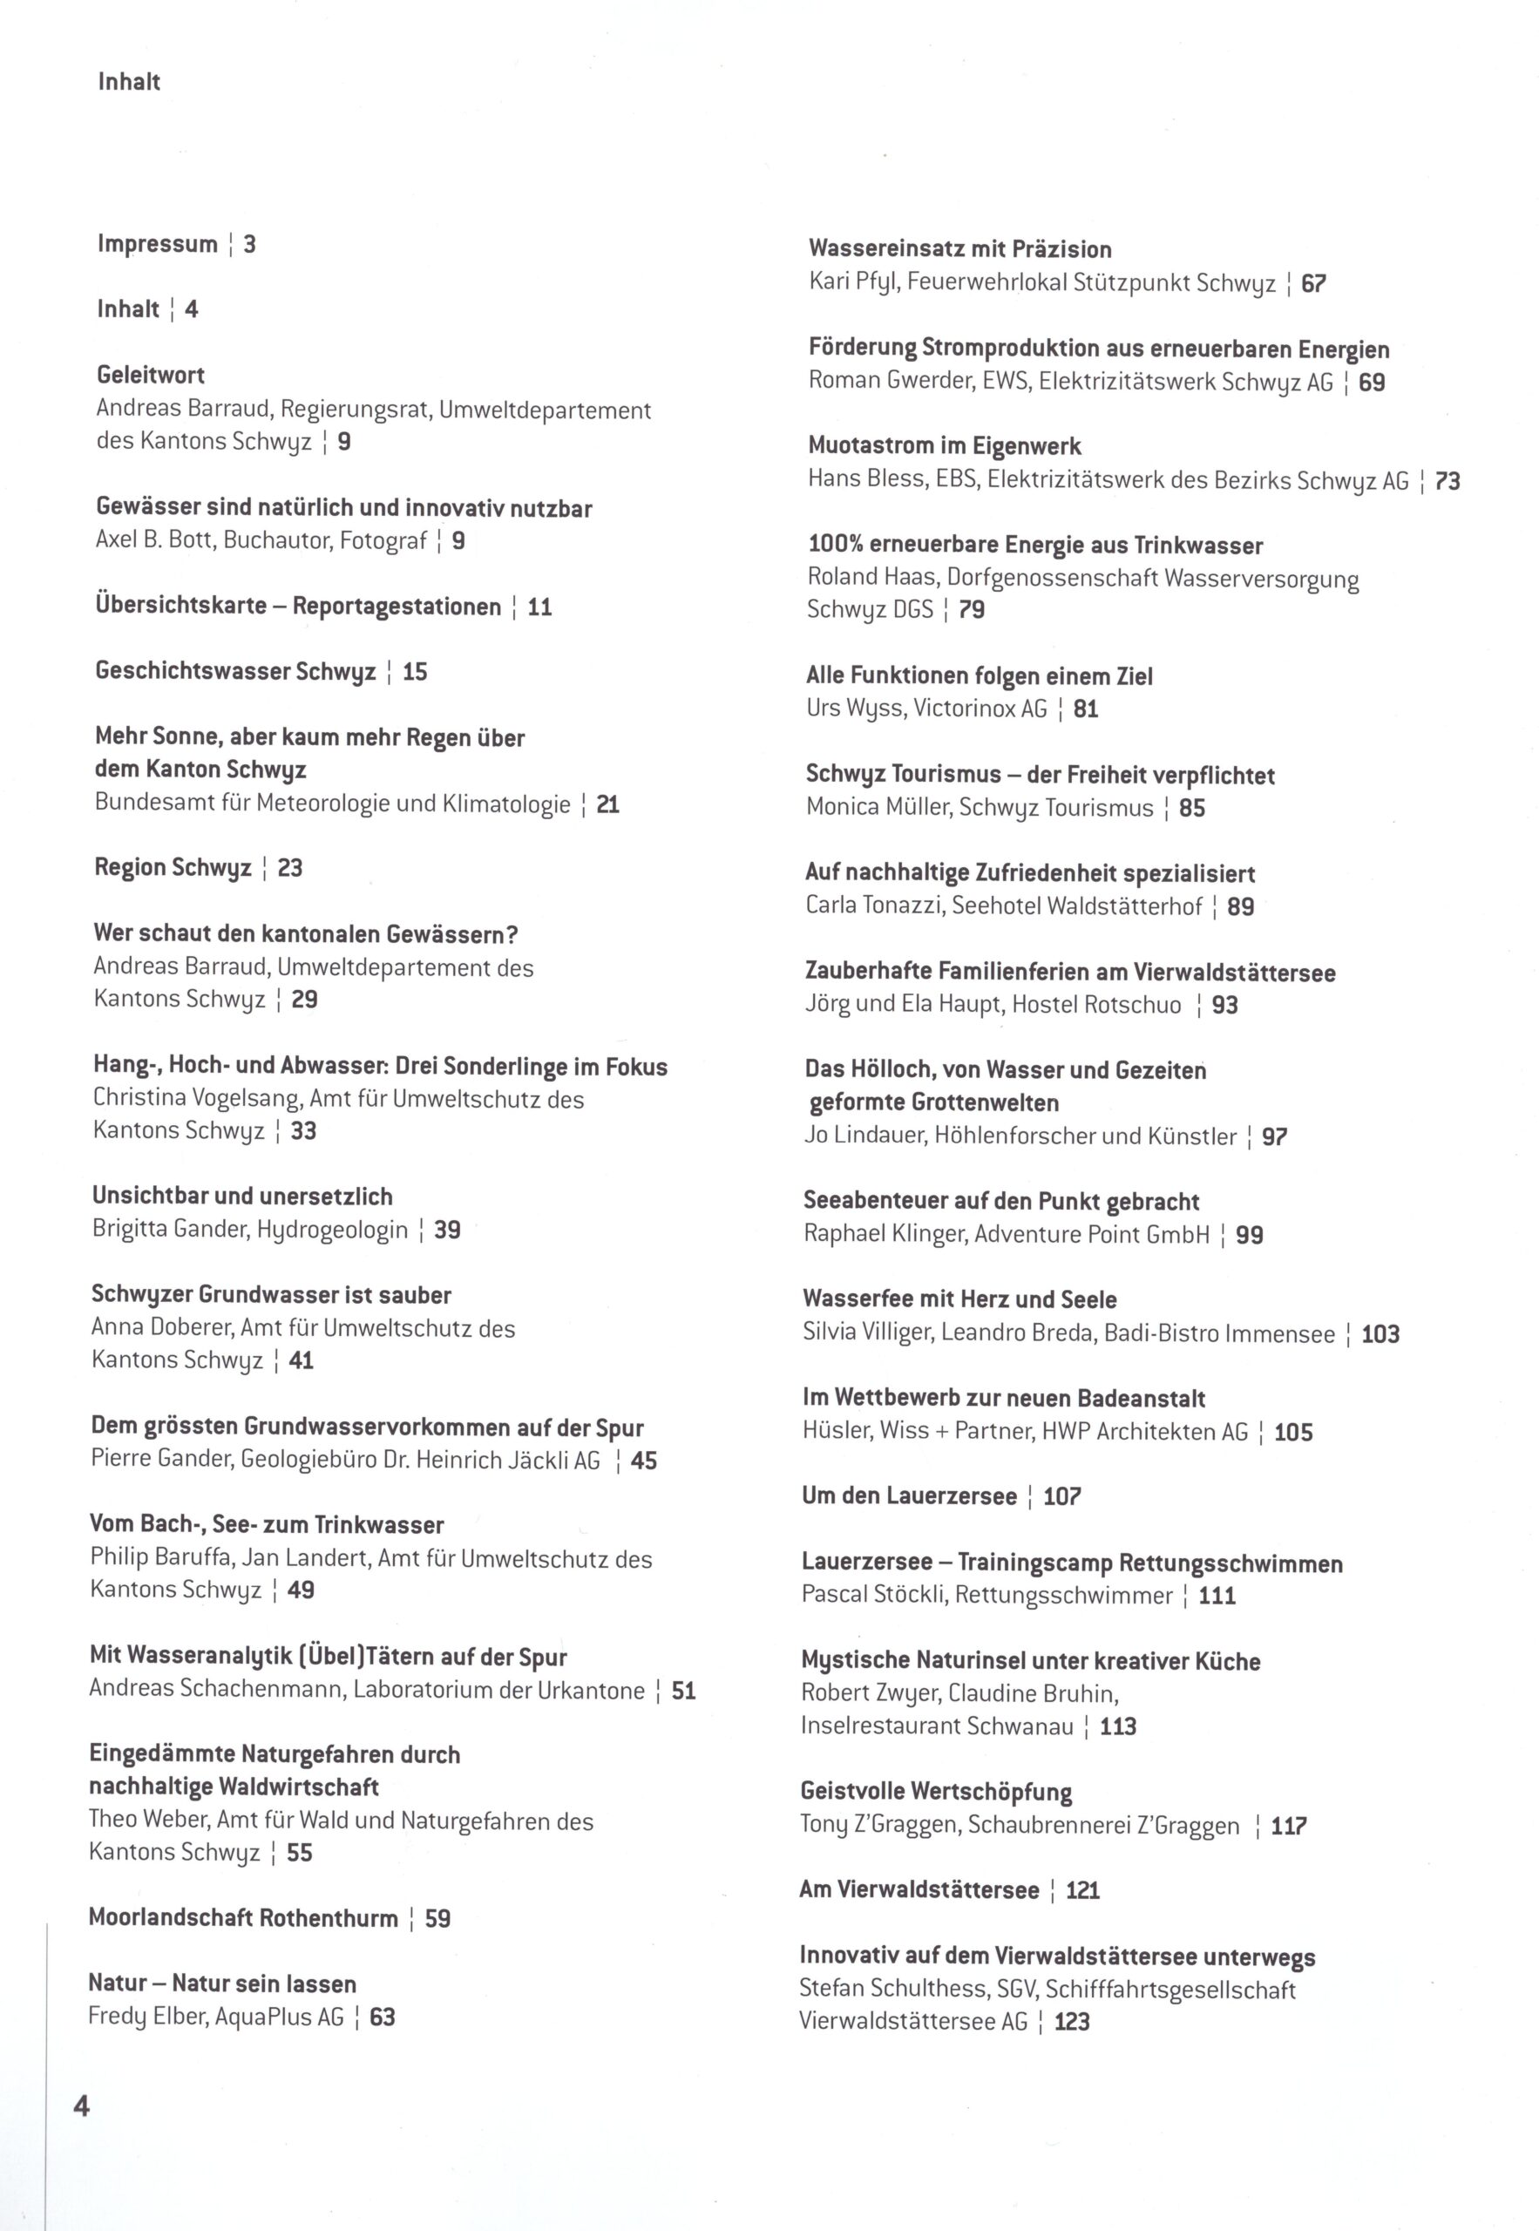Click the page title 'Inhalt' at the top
point(129,82)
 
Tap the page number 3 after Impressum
point(250,244)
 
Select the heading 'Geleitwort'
point(151,375)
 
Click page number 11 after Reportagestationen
point(540,607)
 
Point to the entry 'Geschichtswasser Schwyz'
point(235,671)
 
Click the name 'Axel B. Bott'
point(153,540)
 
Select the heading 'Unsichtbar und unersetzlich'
point(242,1197)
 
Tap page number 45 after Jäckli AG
point(643,1461)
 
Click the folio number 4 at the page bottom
point(82,2106)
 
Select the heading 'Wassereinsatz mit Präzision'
point(959,250)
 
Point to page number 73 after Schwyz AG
point(1447,480)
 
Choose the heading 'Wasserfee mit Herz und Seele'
point(959,1299)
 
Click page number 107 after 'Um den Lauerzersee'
point(1061,1496)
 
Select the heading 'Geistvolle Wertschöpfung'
point(935,1792)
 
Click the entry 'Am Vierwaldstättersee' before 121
point(919,1889)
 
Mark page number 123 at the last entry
point(1071,2021)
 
